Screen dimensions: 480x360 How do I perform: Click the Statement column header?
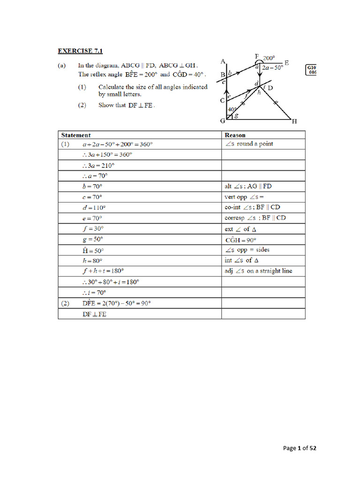76,135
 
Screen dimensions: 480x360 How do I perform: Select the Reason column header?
235,135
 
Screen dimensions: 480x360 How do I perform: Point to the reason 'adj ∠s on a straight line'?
258,271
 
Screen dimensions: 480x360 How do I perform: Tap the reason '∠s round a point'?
249,144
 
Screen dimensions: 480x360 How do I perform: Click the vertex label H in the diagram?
294,121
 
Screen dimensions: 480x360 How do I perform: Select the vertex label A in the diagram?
223,61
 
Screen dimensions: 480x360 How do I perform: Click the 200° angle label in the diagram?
269,58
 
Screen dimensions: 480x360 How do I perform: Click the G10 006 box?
311,70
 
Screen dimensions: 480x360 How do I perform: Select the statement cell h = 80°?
92,260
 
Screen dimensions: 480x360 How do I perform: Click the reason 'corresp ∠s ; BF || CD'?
255,218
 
